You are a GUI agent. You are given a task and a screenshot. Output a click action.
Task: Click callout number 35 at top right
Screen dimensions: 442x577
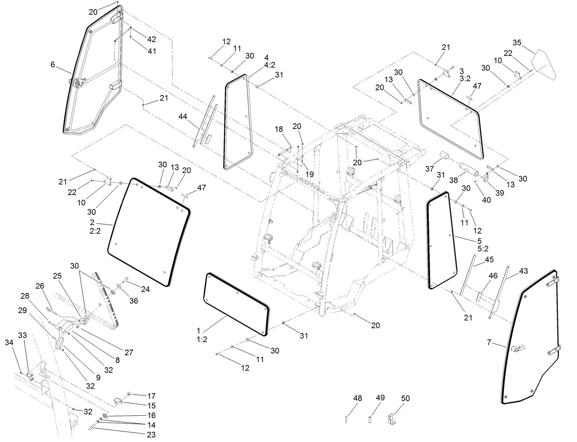click(x=517, y=43)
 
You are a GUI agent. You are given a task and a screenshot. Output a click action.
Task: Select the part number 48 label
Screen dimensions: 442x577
click(x=357, y=398)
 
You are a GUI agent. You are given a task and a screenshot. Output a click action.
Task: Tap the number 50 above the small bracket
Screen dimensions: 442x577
click(x=405, y=398)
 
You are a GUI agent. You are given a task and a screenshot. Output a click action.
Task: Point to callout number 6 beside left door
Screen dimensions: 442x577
click(x=53, y=65)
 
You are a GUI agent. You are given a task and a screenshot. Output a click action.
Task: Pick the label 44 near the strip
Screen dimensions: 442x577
click(x=183, y=116)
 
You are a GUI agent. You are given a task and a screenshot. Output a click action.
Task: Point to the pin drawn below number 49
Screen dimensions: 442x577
click(x=370, y=420)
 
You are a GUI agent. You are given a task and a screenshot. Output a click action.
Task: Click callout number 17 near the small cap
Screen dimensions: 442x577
click(x=151, y=396)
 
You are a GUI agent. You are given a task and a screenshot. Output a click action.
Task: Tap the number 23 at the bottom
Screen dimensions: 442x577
click(x=151, y=435)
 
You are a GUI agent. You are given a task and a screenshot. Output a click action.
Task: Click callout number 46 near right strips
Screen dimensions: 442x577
click(x=493, y=276)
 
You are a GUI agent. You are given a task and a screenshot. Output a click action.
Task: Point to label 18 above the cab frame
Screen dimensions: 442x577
click(x=278, y=129)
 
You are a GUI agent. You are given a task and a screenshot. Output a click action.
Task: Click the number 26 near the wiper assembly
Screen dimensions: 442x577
click(x=40, y=287)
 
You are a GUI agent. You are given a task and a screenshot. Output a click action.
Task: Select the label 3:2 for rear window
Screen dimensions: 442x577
click(x=465, y=79)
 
